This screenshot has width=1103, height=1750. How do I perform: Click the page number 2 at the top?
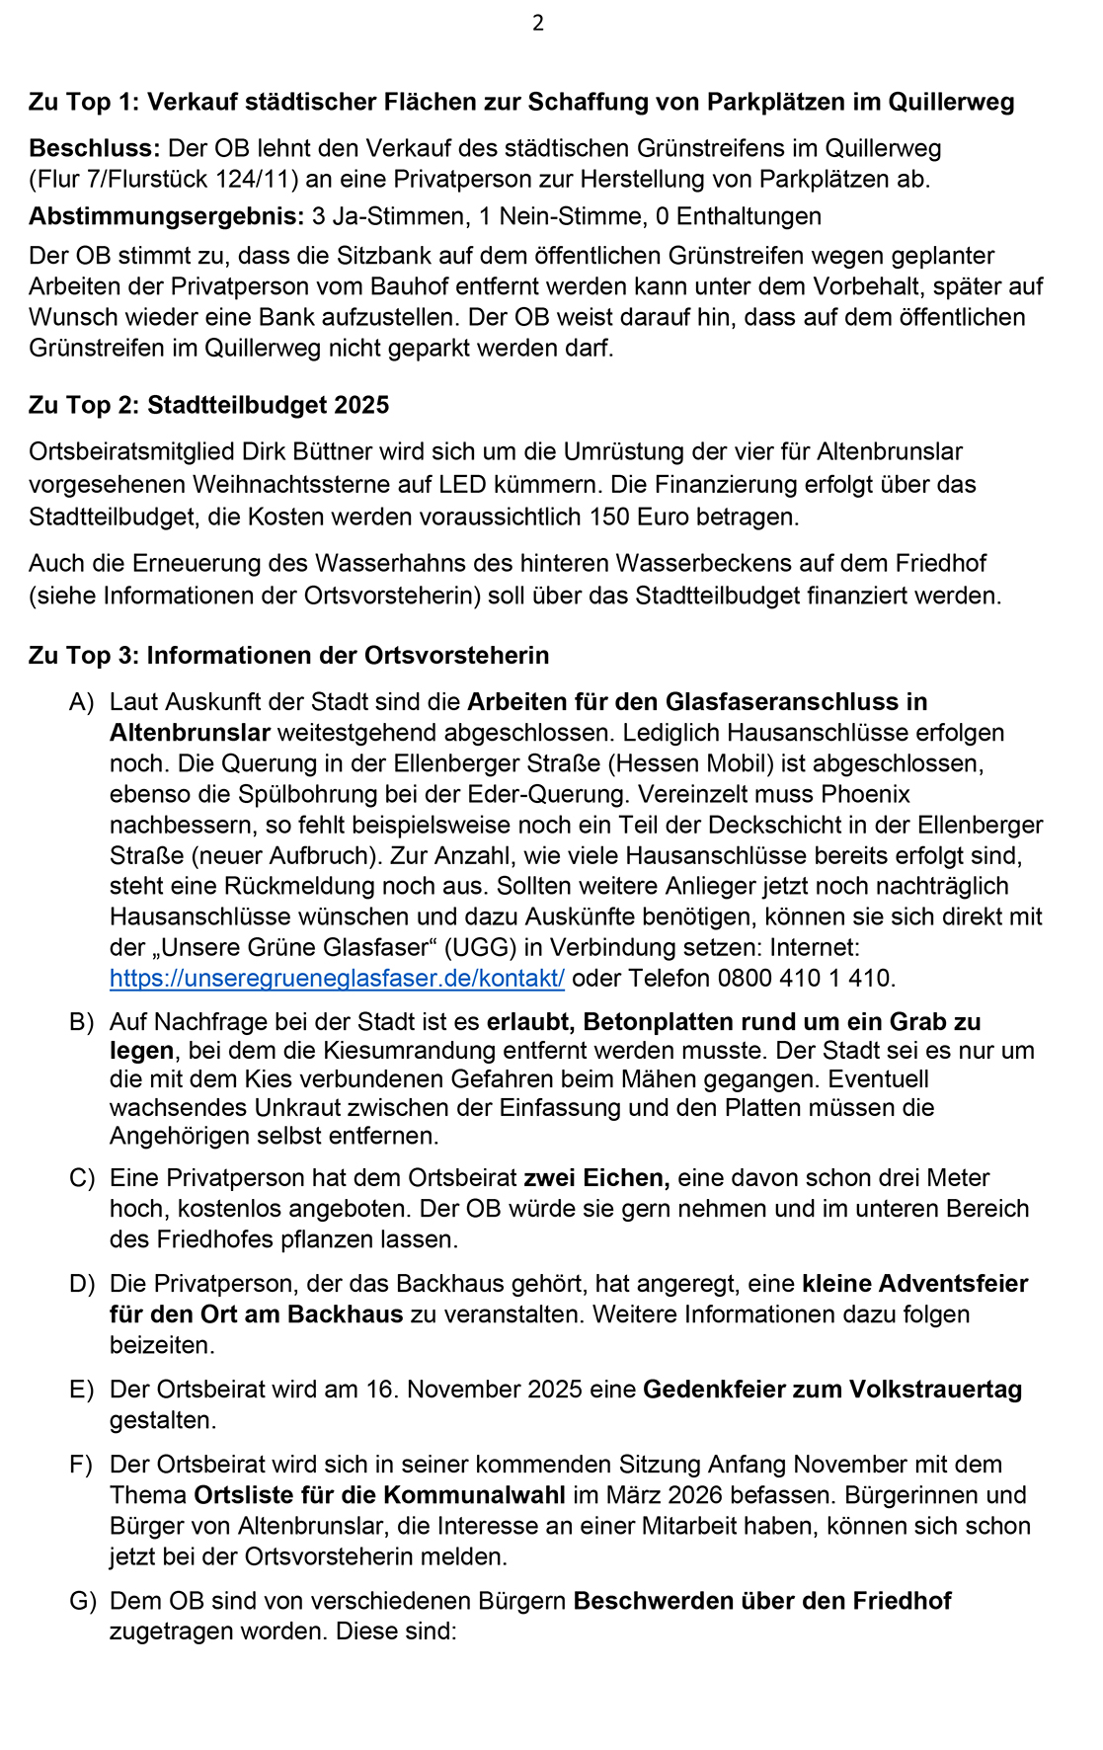coord(538,23)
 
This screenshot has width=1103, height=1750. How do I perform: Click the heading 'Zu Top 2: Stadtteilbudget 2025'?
coord(208,405)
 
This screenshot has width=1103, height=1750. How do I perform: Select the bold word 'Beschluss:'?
coord(94,148)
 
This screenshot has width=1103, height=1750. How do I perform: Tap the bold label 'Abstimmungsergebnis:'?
coord(166,216)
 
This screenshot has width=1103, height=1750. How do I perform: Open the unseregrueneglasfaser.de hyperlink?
coord(337,979)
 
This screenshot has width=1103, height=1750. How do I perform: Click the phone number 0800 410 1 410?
coord(805,979)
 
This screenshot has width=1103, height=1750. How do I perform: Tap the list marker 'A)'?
coord(81,702)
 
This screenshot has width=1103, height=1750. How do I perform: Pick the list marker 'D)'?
coord(81,1284)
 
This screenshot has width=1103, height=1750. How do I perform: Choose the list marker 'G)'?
coord(82,1601)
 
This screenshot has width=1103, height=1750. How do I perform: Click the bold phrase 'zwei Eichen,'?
coord(596,1178)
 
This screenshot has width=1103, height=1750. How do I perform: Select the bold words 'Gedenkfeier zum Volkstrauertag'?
coord(832,1390)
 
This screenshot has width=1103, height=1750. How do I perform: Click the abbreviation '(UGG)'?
coord(480,948)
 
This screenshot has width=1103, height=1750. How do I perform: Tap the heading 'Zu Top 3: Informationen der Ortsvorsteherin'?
coord(288,656)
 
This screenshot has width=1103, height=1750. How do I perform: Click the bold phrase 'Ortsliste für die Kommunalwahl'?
coord(379,1495)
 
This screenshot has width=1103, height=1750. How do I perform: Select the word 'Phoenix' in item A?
coord(865,794)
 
